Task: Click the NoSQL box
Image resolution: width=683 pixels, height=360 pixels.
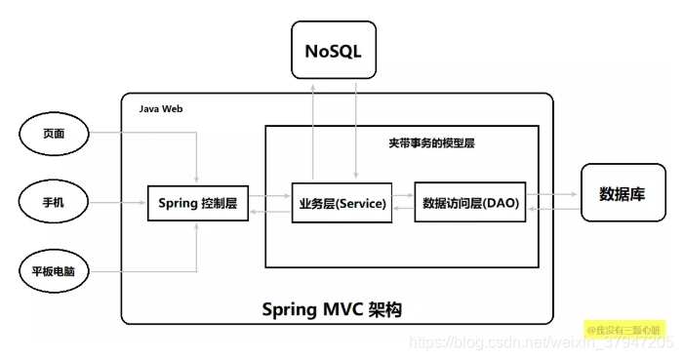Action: coord(334,49)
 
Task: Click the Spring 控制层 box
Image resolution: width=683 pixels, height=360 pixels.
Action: coord(197,204)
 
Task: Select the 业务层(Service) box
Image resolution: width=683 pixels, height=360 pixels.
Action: coord(341,204)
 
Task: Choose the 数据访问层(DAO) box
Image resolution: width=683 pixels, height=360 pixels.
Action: coord(471,204)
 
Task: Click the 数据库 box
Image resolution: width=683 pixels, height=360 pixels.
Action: coord(622,193)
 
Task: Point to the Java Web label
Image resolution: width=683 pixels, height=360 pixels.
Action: coord(160,109)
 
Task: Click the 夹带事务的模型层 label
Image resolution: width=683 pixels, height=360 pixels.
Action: coord(430,142)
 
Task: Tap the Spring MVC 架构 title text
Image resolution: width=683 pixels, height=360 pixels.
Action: coord(332,308)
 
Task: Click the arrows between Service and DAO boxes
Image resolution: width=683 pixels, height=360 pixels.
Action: coord(401,204)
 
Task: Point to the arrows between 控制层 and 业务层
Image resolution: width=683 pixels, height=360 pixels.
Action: coord(269,204)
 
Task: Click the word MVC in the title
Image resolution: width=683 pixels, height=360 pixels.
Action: coord(341,308)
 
